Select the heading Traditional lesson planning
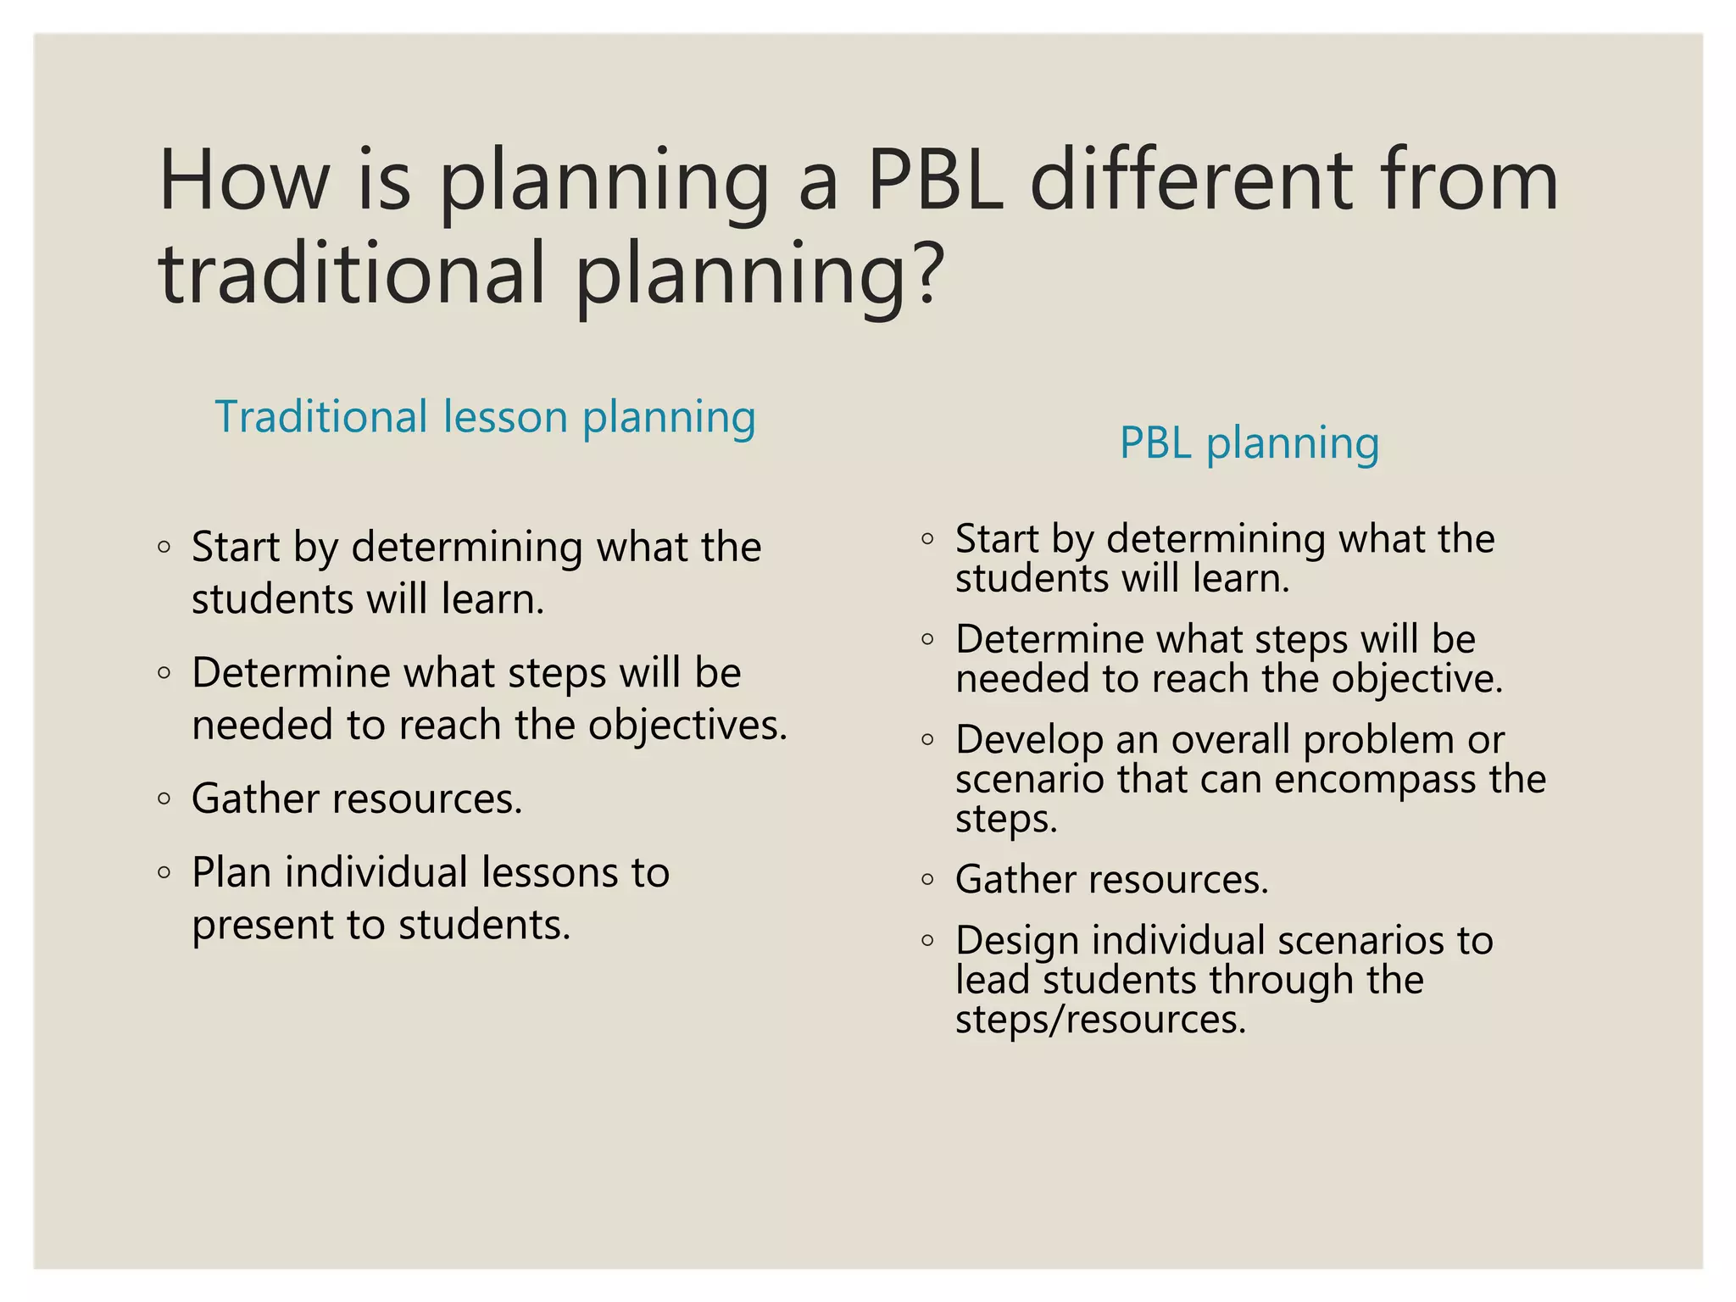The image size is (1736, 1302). [485, 417]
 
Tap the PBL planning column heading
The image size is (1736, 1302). [1249, 442]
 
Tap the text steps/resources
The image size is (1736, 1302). [1100, 1019]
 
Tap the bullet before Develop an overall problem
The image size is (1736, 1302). [927, 739]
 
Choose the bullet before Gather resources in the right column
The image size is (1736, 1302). [927, 879]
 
